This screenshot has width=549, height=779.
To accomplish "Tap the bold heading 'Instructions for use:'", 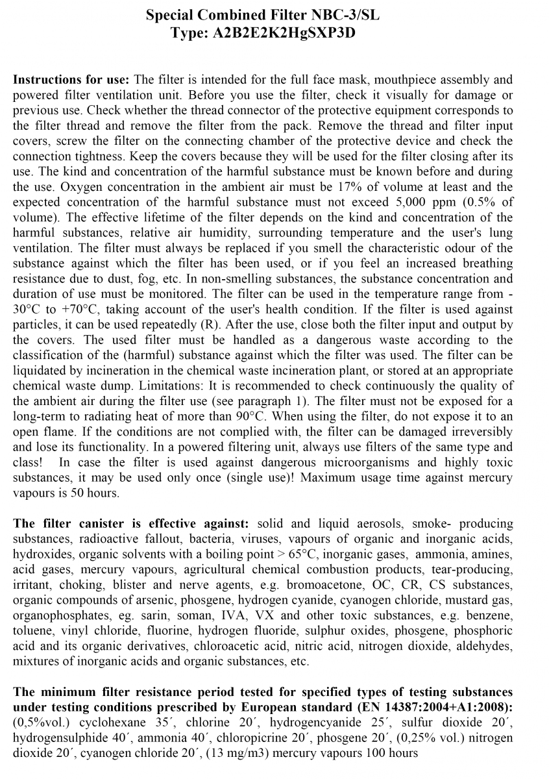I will (71, 80).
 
